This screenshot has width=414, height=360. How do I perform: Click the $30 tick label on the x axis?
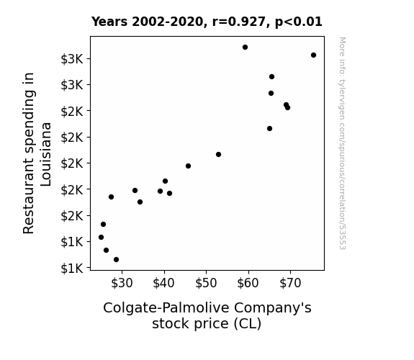(122, 284)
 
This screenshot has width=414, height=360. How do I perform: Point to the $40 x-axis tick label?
(163, 284)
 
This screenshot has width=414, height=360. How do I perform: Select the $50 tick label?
(206, 284)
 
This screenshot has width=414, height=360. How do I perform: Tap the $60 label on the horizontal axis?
(248, 284)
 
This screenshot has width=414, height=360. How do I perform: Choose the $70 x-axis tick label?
(290, 284)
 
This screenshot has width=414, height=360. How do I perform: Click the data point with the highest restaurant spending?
(245, 48)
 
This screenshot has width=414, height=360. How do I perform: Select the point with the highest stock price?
(313, 55)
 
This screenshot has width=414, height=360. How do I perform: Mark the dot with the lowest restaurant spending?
(116, 260)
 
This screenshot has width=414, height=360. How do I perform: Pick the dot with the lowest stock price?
(101, 237)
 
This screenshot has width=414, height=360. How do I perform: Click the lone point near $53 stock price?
(218, 155)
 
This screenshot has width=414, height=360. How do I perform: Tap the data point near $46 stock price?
(188, 166)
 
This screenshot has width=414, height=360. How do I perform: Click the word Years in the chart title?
(109, 22)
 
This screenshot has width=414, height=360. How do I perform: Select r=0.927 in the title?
(238, 22)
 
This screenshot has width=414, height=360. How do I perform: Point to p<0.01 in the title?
(299, 22)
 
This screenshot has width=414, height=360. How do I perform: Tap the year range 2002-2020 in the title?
(167, 22)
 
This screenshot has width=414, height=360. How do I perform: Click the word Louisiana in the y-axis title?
(46, 154)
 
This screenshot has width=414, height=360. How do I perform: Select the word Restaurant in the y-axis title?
(29, 195)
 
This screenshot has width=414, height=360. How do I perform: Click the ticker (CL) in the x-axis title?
(248, 324)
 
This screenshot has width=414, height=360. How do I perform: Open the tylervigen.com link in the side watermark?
(342, 143)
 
